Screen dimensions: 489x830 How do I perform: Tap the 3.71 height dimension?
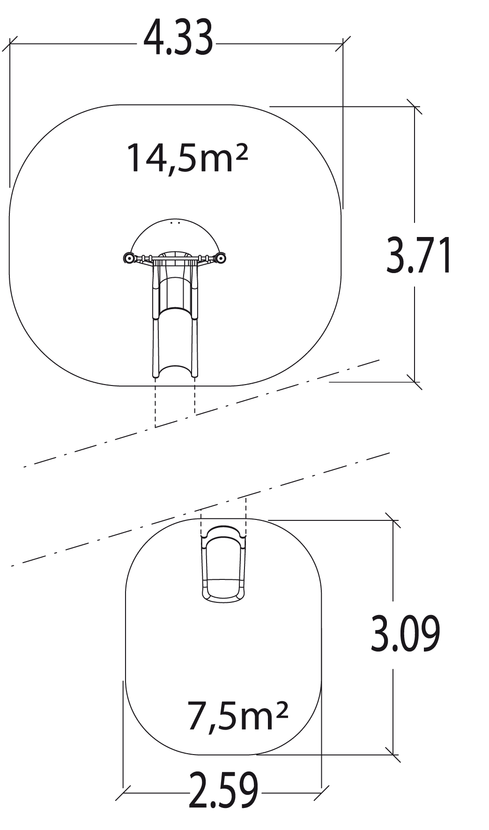click(x=419, y=255)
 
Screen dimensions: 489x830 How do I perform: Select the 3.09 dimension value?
click(x=405, y=634)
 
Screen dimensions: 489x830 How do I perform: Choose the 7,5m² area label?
click(x=237, y=716)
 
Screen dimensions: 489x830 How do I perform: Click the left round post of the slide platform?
click(x=129, y=258)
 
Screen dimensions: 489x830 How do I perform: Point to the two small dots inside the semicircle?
click(x=175, y=223)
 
